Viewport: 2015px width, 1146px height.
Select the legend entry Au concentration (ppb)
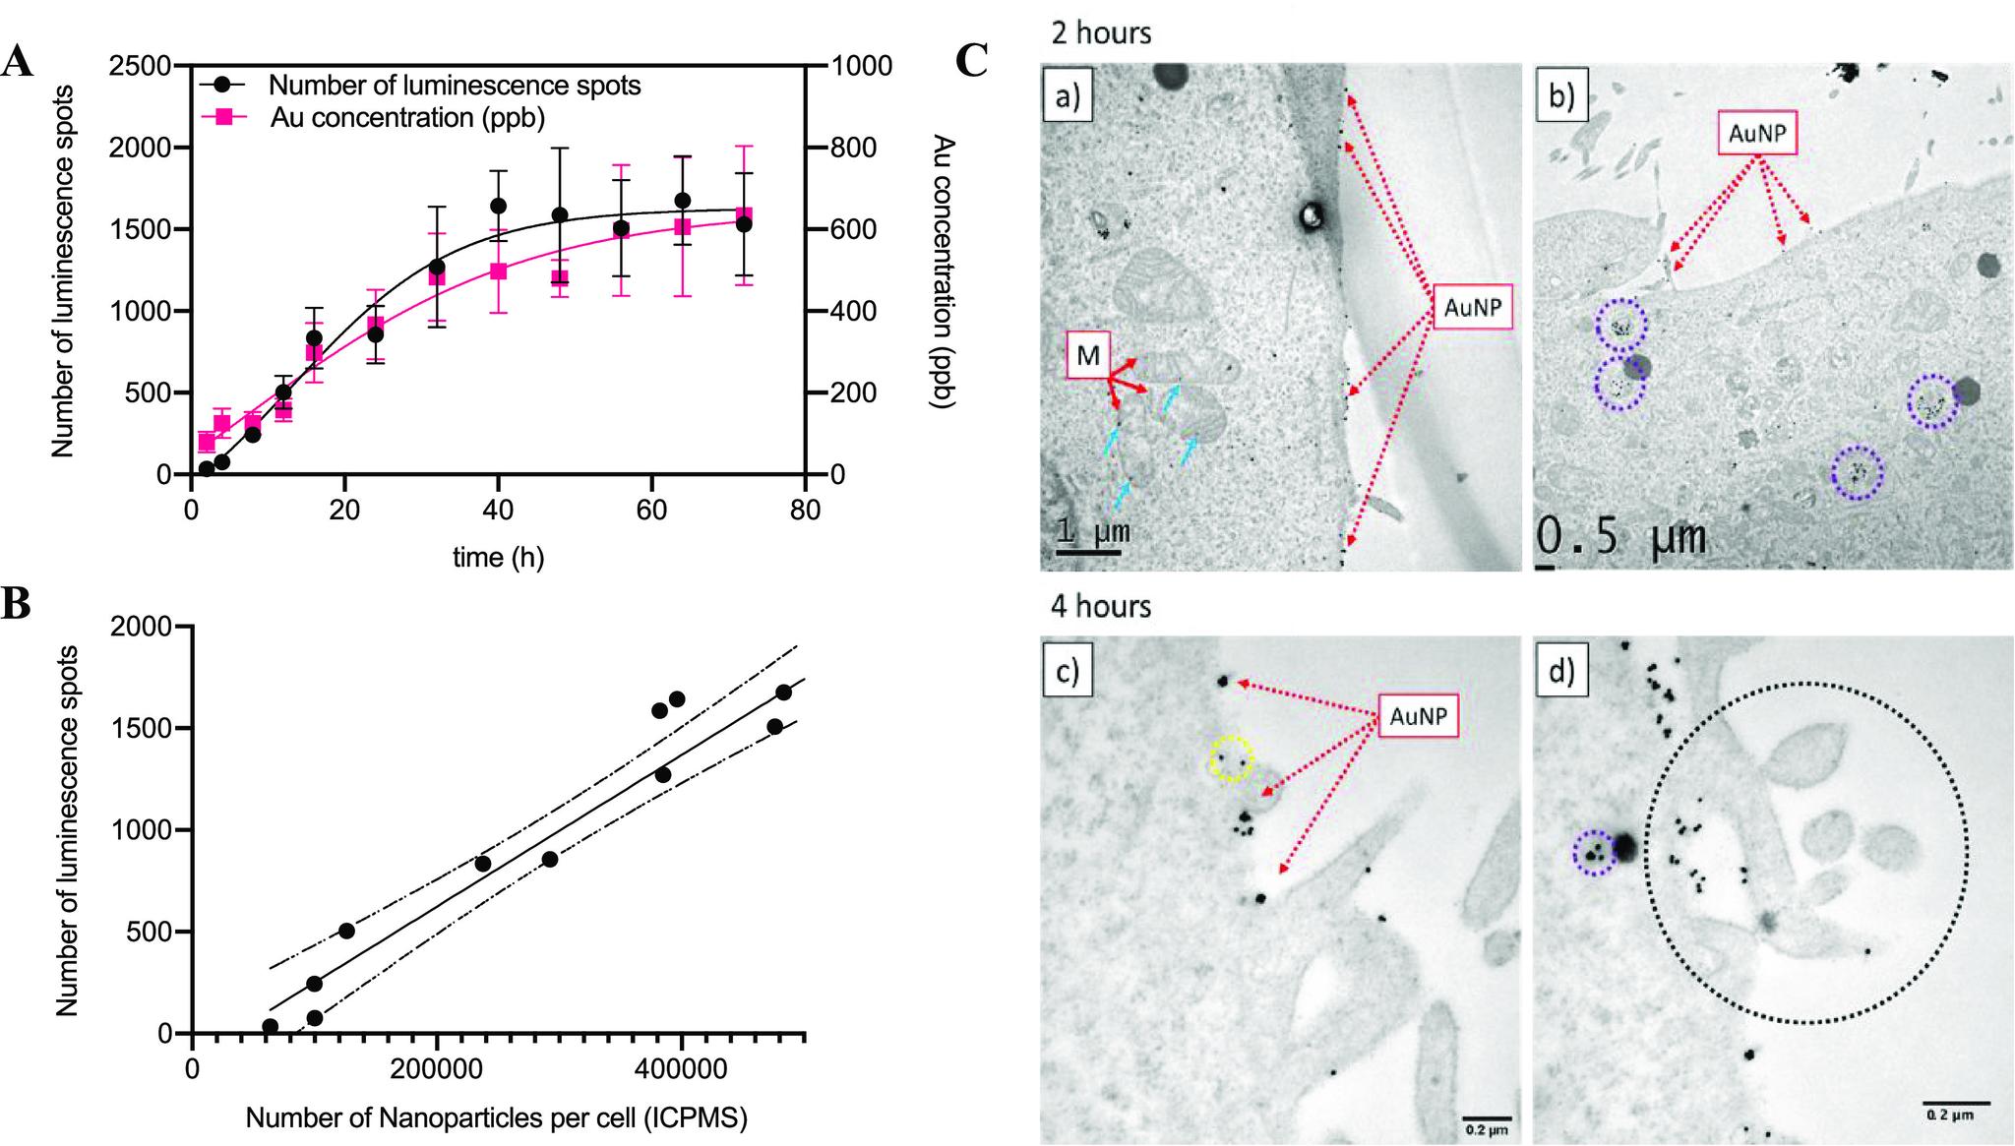pyautogui.click(x=406, y=117)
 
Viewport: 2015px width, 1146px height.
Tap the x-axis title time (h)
pyautogui.click(x=498, y=558)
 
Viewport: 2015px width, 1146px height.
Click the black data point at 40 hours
pyautogui.click(x=498, y=206)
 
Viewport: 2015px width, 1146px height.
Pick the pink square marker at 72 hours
pyautogui.click(x=744, y=215)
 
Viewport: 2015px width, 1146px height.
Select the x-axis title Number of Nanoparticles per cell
pyautogui.click(x=497, y=1118)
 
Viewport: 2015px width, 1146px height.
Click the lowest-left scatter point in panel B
pyautogui.click(x=270, y=1026)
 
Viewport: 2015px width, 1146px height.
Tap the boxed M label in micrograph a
pyautogui.click(x=1087, y=355)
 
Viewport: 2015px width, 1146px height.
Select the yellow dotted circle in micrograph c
pyautogui.click(x=1232, y=758)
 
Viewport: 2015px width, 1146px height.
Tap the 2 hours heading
pyautogui.click(x=1101, y=32)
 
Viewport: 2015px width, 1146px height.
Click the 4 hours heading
pyautogui.click(x=1101, y=605)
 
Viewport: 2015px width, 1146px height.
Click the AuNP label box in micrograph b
pyautogui.click(x=1757, y=134)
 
